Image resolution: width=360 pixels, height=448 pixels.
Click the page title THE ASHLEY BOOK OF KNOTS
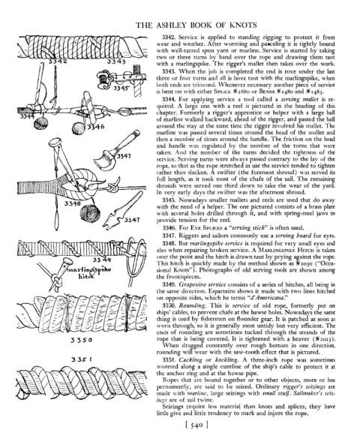coord(196,26)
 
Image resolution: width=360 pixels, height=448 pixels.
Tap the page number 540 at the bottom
coord(196,425)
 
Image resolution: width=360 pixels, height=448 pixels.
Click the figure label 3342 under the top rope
coord(58,61)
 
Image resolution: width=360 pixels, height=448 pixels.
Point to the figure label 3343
coord(116,61)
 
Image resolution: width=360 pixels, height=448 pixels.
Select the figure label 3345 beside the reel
coord(121,88)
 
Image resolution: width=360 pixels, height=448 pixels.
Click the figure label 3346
coord(96,127)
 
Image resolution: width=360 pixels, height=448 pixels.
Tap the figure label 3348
coord(73,203)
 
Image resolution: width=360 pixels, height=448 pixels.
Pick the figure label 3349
coord(102,260)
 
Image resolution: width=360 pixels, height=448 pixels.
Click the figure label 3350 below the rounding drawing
coord(81,340)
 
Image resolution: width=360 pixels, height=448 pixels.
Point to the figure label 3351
coord(81,359)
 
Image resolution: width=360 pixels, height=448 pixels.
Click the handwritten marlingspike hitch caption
coord(88,272)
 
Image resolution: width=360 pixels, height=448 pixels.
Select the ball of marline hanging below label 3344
coord(40,123)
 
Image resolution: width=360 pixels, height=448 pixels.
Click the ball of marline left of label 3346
coord(79,128)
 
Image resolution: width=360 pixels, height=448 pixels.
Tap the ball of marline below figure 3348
coord(90,214)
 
